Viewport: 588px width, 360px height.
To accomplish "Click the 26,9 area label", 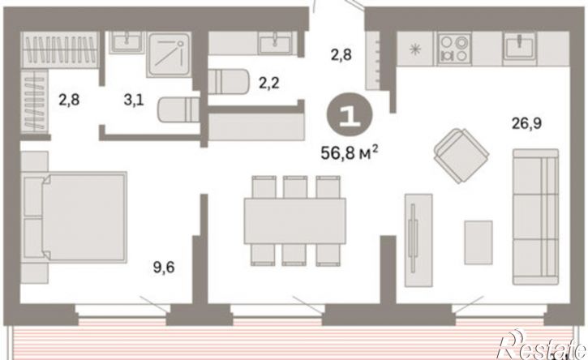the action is click(527, 123).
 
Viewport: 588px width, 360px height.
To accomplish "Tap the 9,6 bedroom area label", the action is click(164, 268).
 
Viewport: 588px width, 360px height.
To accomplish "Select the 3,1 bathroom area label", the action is click(134, 101).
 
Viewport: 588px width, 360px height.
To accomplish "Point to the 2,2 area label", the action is click(269, 83).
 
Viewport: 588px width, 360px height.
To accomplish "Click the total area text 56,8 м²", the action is click(349, 152).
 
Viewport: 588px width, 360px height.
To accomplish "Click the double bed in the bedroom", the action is click(75, 217).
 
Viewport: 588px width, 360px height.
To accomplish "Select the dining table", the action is click(294, 221).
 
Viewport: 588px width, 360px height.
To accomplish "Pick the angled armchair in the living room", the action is click(461, 156).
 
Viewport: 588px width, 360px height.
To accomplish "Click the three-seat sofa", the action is click(535, 216).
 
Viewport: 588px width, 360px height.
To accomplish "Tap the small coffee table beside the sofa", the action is click(479, 242).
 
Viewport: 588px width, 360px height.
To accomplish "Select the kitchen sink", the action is click(519, 46).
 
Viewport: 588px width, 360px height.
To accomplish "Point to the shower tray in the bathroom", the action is click(170, 54).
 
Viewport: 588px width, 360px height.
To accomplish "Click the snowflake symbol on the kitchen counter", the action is click(415, 49).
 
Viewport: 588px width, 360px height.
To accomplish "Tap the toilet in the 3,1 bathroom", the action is click(178, 109).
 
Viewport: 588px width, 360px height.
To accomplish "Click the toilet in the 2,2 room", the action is click(228, 81).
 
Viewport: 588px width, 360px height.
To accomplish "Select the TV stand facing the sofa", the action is click(418, 240).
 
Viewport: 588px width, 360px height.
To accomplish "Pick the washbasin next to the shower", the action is click(127, 41).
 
